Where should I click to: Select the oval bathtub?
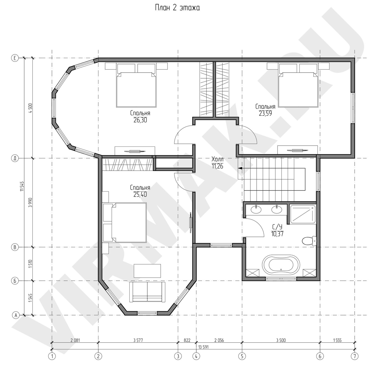tap(281, 265)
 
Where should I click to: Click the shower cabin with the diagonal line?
tap(302, 214)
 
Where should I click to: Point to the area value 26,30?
tap(140, 120)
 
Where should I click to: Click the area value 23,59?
tap(265, 113)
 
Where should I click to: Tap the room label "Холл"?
tap(218, 159)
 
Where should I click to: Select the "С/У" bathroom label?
tap(277, 227)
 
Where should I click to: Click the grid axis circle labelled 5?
tap(242, 356)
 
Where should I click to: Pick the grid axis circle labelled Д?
tap(15, 158)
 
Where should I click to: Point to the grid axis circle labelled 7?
tap(355, 356)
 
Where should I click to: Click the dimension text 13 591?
tap(203, 347)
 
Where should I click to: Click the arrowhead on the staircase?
tap(240, 168)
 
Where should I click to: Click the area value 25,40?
tap(140, 194)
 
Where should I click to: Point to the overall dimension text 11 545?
tap(22, 186)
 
